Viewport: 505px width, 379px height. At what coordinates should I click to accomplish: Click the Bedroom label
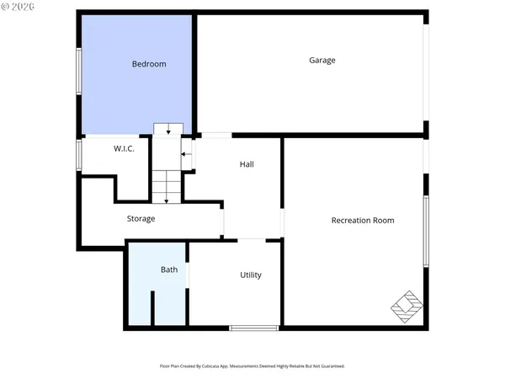pos(149,64)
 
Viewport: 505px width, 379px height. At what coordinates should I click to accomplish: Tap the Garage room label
pos(322,60)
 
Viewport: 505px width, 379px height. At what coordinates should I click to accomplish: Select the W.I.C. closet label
pos(125,148)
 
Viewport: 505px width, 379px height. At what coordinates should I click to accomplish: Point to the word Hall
pos(247,164)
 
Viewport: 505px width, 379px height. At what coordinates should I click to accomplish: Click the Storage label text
pos(141,219)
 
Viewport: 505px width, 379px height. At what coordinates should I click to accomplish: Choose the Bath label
pos(169,270)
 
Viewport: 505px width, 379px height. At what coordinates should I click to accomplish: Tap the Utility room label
pos(251,275)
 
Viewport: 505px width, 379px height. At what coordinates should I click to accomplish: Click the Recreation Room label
pos(363,220)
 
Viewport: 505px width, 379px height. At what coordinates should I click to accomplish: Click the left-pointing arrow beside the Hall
pos(186,155)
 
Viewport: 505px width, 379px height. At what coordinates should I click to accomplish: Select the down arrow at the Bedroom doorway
pos(168,129)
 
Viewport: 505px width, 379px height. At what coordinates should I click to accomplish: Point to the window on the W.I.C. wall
pos(79,155)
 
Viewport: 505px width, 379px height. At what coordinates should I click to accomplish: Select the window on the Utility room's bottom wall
pos(254,328)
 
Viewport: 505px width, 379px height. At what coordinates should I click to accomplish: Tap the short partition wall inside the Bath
pos(152,307)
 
